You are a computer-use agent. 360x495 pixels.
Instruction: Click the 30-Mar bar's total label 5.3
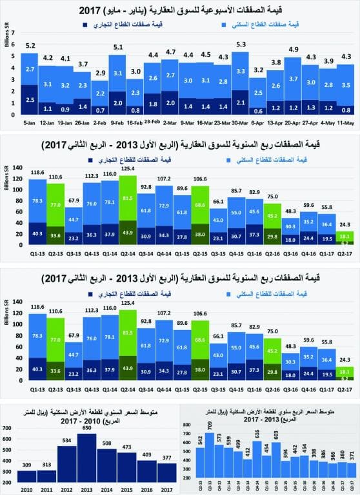click(241, 44)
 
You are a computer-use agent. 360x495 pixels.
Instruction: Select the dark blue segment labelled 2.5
click(28, 100)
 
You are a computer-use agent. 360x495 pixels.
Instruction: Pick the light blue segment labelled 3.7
click(293, 79)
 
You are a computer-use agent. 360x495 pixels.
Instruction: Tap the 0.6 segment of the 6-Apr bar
click(258, 110)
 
